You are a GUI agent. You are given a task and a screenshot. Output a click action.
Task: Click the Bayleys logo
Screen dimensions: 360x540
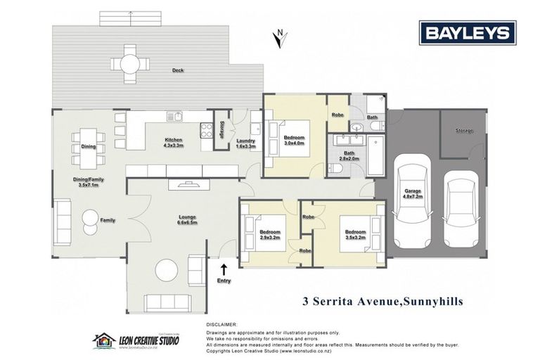tap(468, 33)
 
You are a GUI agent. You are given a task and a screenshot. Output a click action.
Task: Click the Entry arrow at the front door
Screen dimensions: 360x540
tap(224, 270)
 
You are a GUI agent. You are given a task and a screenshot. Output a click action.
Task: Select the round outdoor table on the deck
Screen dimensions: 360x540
tap(130, 64)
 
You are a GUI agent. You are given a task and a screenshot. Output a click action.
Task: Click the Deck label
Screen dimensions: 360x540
tap(179, 70)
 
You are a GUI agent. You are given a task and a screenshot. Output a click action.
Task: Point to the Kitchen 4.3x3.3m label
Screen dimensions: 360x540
tap(173, 143)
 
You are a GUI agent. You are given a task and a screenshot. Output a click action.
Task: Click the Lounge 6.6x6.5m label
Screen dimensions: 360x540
tap(187, 219)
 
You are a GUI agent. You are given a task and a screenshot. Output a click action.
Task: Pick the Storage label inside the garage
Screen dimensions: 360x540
tap(463, 131)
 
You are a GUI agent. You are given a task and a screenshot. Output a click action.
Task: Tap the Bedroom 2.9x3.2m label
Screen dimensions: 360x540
tap(270, 234)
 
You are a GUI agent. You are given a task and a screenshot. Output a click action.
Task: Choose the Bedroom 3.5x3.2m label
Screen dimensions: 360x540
tap(354, 234)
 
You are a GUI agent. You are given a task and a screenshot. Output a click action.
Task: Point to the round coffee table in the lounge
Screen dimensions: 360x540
tap(167, 270)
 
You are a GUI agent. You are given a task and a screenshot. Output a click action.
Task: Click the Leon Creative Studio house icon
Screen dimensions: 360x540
tap(104, 341)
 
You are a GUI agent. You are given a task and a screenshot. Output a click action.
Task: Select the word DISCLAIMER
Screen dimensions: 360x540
tap(223, 324)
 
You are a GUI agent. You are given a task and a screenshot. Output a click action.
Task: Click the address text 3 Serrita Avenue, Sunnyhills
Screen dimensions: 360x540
tap(382, 302)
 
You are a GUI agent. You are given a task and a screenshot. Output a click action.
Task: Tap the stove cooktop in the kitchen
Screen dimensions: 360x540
tap(207, 129)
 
